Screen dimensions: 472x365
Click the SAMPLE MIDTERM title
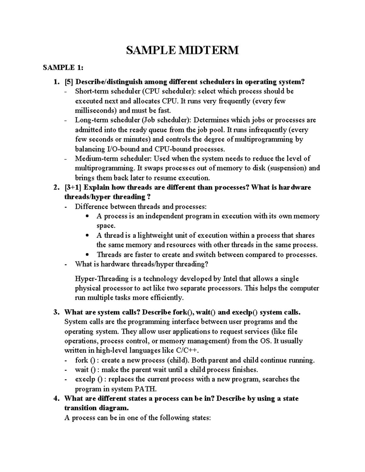click(x=182, y=50)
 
